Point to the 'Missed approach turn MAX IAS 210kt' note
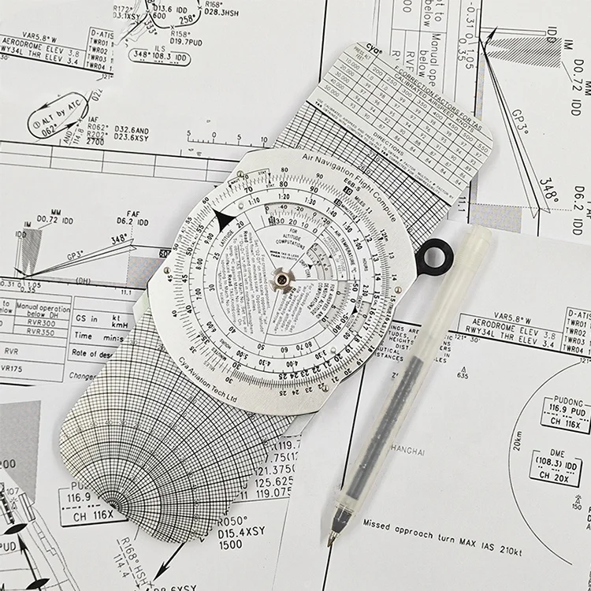449,526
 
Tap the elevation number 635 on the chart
462,377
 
